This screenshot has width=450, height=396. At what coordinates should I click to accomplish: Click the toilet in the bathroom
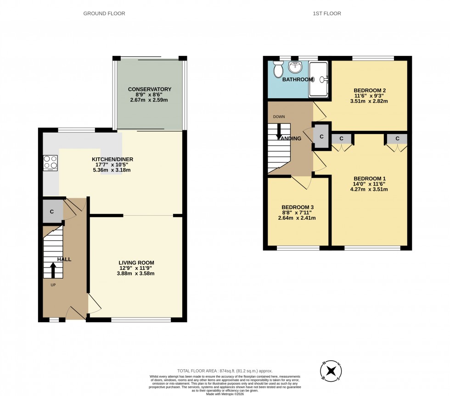(x=278, y=70)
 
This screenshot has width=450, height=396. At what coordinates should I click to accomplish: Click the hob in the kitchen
(x=50, y=163)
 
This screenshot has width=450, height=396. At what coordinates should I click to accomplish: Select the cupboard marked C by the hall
(x=52, y=212)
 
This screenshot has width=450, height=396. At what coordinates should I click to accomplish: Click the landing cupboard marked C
(x=321, y=136)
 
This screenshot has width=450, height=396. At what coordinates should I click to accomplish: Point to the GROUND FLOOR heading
(x=104, y=14)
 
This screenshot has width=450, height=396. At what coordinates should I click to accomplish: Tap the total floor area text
(x=225, y=371)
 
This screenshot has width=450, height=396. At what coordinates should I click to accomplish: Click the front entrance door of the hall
(x=75, y=314)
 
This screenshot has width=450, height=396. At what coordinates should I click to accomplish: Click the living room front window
(x=141, y=320)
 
